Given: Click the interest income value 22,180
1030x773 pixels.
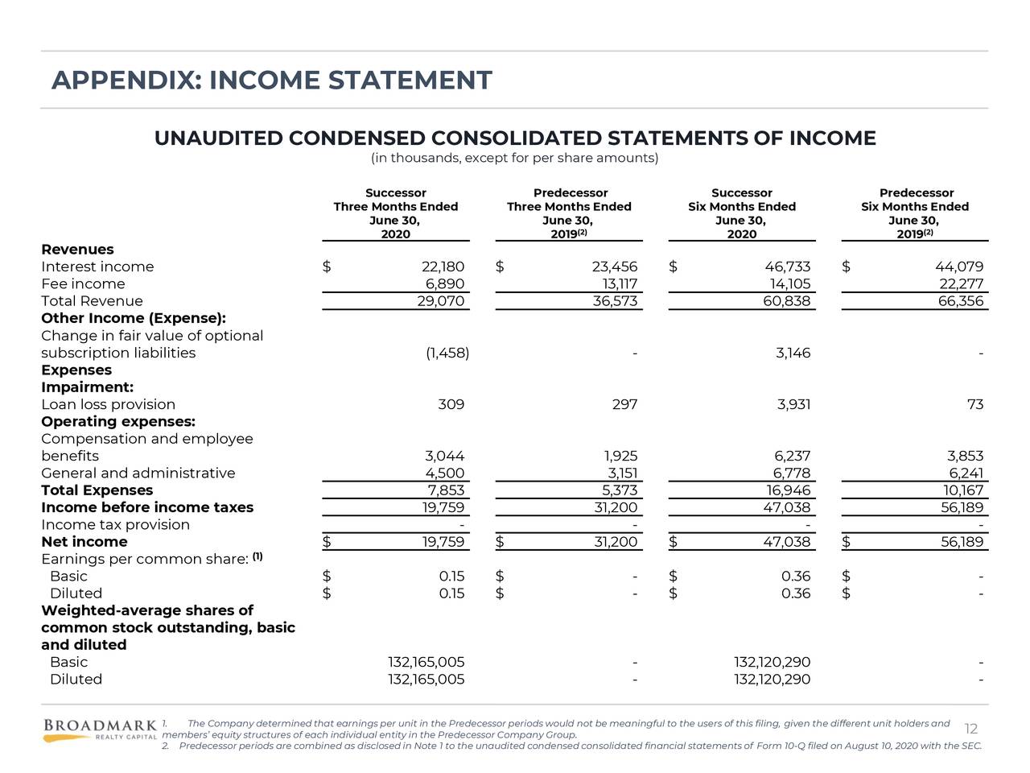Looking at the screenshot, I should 443,267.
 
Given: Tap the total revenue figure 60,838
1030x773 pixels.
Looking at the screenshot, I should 786,301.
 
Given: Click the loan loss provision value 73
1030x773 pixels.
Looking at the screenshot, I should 974,404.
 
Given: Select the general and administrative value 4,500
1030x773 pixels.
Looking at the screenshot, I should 444,473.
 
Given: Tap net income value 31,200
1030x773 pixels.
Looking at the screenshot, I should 616,542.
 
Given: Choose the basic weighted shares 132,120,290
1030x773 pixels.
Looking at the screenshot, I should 772,662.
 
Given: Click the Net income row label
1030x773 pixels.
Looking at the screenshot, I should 84,542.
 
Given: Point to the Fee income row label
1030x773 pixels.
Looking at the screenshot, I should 83,283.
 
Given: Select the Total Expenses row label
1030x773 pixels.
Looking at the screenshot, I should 97,490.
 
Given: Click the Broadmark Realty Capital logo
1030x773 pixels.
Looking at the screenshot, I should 100,730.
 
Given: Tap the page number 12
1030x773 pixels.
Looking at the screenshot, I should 970,729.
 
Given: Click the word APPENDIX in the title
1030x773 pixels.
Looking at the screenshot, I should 125,81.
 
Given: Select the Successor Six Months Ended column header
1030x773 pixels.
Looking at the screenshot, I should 741,213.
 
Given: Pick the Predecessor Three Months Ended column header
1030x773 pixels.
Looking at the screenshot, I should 569,213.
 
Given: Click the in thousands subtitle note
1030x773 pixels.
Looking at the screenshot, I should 514,158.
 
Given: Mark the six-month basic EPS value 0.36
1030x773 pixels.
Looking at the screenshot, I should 795,576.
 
